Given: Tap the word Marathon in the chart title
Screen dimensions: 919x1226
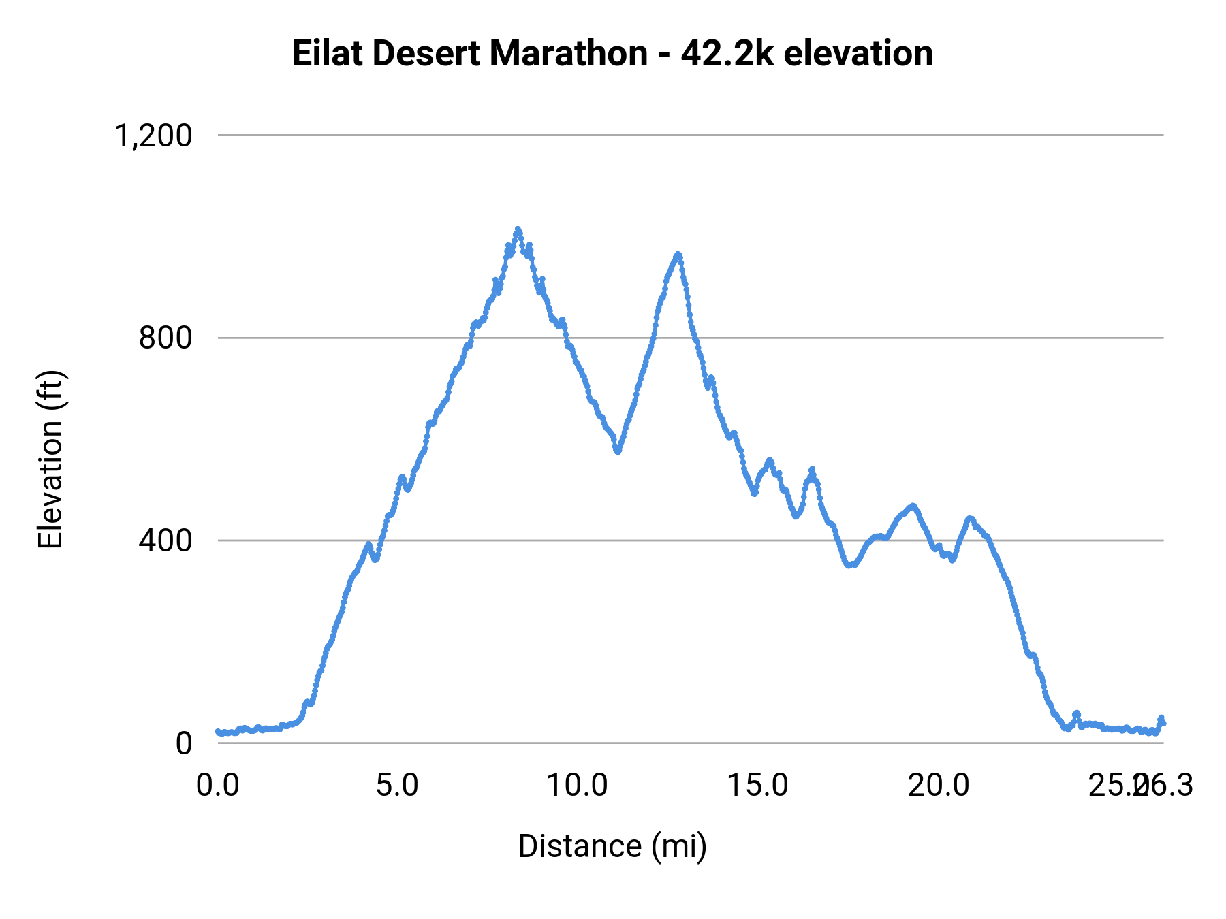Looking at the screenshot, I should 568,54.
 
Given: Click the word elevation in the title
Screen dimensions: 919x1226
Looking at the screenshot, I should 858,54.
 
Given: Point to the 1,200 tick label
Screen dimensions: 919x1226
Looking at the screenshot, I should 154,135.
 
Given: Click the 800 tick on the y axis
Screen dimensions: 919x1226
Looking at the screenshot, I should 166,338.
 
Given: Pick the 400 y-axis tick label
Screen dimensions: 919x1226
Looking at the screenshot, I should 166,541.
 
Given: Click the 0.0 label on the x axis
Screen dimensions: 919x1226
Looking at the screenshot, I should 218,786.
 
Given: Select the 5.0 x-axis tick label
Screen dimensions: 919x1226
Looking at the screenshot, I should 398,786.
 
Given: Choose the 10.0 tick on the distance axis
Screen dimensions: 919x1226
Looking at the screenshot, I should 578,786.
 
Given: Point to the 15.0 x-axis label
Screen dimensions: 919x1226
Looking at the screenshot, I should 757,786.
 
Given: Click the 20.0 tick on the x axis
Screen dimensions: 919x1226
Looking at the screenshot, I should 938,786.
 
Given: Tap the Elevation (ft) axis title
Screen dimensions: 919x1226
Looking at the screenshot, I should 50,459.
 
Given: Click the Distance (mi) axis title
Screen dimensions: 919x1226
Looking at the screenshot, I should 612,846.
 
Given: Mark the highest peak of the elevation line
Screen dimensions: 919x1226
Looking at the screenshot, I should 518,229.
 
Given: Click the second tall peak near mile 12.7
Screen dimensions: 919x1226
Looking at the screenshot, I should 678,255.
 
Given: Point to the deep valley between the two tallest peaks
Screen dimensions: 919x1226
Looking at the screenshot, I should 618,451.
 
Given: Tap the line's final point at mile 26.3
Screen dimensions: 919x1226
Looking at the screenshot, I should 1163,723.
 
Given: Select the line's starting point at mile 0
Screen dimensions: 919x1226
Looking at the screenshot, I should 218,732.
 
